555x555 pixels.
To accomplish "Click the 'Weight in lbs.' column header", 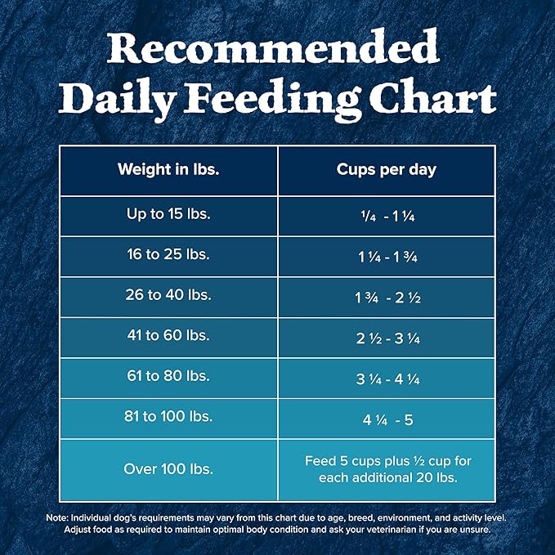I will tap(168, 170).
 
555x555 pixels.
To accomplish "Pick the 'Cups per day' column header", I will tap(387, 170).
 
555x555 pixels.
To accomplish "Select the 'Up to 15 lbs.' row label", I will tap(168, 214).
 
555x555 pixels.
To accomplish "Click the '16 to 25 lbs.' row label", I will tap(168, 254).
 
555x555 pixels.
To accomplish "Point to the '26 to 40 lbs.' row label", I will tap(168, 295).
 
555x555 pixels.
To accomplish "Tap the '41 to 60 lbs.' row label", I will tap(168, 336).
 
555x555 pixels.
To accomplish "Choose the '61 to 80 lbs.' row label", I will tap(168, 376).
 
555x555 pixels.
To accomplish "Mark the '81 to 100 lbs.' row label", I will tap(168, 417).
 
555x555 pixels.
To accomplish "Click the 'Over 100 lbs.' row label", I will tap(168, 469).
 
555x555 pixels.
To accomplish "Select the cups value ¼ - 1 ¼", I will tap(387, 216).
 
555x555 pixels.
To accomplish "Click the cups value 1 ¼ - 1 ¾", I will tap(387, 256).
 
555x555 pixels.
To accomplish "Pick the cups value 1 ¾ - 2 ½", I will tap(387, 296).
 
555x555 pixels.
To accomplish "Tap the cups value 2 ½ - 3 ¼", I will tap(387, 337).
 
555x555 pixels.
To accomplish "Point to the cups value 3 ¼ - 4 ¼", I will tap(387, 378).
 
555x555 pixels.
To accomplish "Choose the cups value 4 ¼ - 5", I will tap(387, 418).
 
